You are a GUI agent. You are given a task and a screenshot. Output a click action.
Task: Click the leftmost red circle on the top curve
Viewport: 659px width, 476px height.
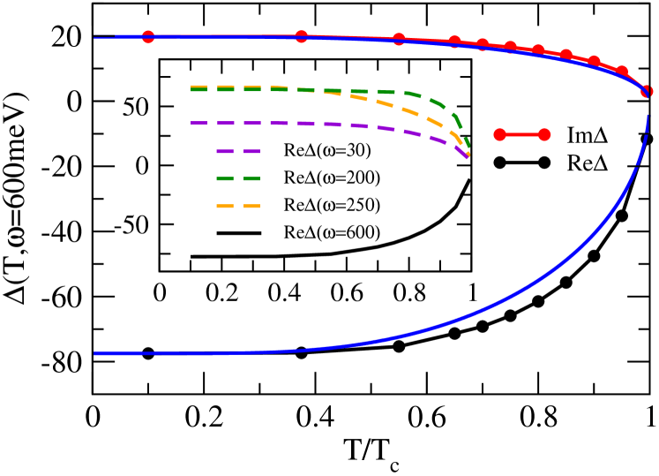148,37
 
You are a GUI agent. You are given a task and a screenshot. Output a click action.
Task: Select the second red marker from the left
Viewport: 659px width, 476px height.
302,37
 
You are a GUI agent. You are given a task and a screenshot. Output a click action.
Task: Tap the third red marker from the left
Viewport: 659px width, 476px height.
399,40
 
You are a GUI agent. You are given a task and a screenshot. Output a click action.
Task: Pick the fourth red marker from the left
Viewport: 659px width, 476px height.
454,42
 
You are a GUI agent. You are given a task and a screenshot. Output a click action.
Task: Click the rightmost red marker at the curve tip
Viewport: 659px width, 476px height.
647,92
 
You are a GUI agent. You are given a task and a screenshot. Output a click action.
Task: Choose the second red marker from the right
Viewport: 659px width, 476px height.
622,72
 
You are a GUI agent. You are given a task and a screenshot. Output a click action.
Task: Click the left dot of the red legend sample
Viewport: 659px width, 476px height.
500,135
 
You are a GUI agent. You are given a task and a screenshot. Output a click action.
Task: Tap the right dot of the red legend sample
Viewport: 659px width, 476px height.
544,135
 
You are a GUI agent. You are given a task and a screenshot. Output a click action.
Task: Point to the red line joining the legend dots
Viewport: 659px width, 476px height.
522,135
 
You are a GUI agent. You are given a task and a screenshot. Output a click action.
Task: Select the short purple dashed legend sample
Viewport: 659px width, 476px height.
238,152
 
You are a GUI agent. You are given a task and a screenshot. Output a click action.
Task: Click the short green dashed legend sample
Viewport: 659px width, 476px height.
238,179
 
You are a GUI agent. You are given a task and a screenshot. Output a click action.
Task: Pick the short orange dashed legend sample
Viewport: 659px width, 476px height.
238,207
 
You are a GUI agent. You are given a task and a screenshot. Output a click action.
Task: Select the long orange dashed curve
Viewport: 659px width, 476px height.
388,104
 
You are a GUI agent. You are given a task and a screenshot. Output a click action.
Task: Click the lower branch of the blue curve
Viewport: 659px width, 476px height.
441,327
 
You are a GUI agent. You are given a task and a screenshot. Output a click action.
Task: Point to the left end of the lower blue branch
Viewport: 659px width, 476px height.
95,353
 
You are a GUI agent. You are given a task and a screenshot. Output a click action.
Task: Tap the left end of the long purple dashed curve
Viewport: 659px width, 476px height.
192,123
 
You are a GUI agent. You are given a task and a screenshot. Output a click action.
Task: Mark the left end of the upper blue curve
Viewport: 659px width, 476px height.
95,38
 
